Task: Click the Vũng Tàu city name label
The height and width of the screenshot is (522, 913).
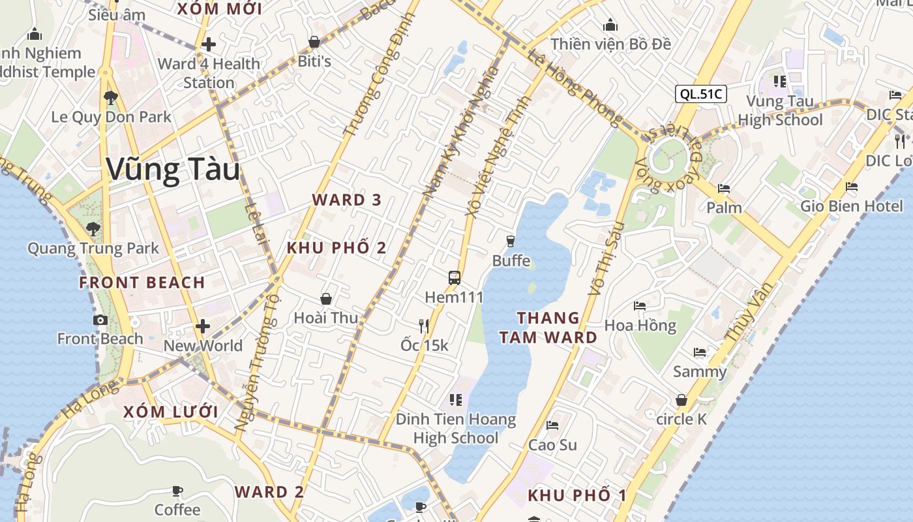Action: pos(173,170)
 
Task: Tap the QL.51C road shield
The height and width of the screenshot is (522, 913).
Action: pos(700,94)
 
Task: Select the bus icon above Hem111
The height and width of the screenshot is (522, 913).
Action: pos(455,278)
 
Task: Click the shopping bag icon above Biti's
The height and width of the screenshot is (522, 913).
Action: pos(314,42)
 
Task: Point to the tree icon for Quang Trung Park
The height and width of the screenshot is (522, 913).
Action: pos(93,229)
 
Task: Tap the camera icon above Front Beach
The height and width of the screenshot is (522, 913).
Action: pos(100,320)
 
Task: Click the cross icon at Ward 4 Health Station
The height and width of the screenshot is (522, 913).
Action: pos(209,44)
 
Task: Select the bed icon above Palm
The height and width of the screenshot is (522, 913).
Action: pos(724,189)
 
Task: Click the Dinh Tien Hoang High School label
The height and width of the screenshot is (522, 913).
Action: pos(456,428)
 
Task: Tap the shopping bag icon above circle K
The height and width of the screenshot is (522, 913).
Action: pos(681,400)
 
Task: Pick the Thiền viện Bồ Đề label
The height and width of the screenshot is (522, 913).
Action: pos(610,44)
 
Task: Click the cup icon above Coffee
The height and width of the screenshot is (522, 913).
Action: pos(177,491)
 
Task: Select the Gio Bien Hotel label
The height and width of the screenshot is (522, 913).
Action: pos(852,206)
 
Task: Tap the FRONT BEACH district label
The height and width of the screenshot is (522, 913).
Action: pos(142,283)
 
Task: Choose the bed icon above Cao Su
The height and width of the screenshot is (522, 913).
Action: pos(552,425)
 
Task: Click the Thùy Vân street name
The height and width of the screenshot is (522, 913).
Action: pos(749,311)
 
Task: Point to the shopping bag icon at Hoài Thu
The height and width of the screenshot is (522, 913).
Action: pos(326,299)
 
